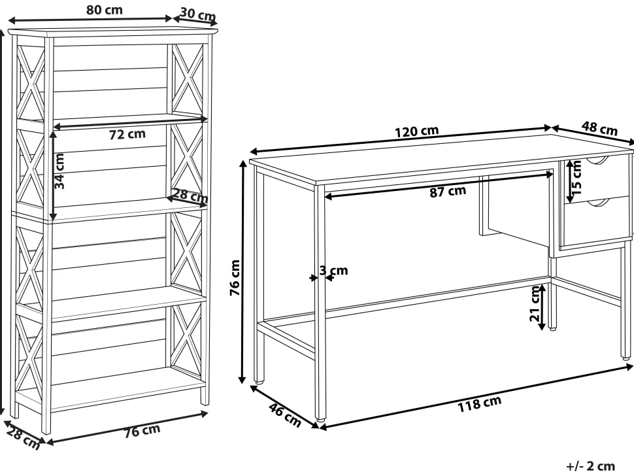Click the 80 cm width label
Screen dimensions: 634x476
(105, 10)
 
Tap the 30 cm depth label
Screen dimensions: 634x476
(198, 14)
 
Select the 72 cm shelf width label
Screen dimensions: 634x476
(127, 134)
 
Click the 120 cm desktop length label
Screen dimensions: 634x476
(416, 131)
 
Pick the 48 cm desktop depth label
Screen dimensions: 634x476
(599, 128)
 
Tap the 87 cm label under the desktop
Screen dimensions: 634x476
(448, 191)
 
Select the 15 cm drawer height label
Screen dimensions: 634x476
(576, 177)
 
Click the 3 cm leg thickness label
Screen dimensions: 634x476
(333, 270)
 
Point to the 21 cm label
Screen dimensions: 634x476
(535, 304)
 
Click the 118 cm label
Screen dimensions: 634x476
(480, 403)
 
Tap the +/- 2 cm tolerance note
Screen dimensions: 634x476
(591, 466)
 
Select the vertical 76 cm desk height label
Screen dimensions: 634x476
(235, 277)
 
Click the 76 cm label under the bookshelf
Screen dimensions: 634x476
(142, 431)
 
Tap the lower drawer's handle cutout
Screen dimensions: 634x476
(597, 202)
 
